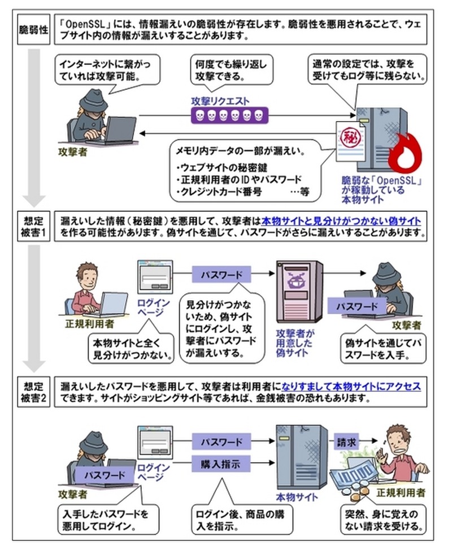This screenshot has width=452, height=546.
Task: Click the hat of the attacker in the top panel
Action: pyautogui.click(x=95, y=101)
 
